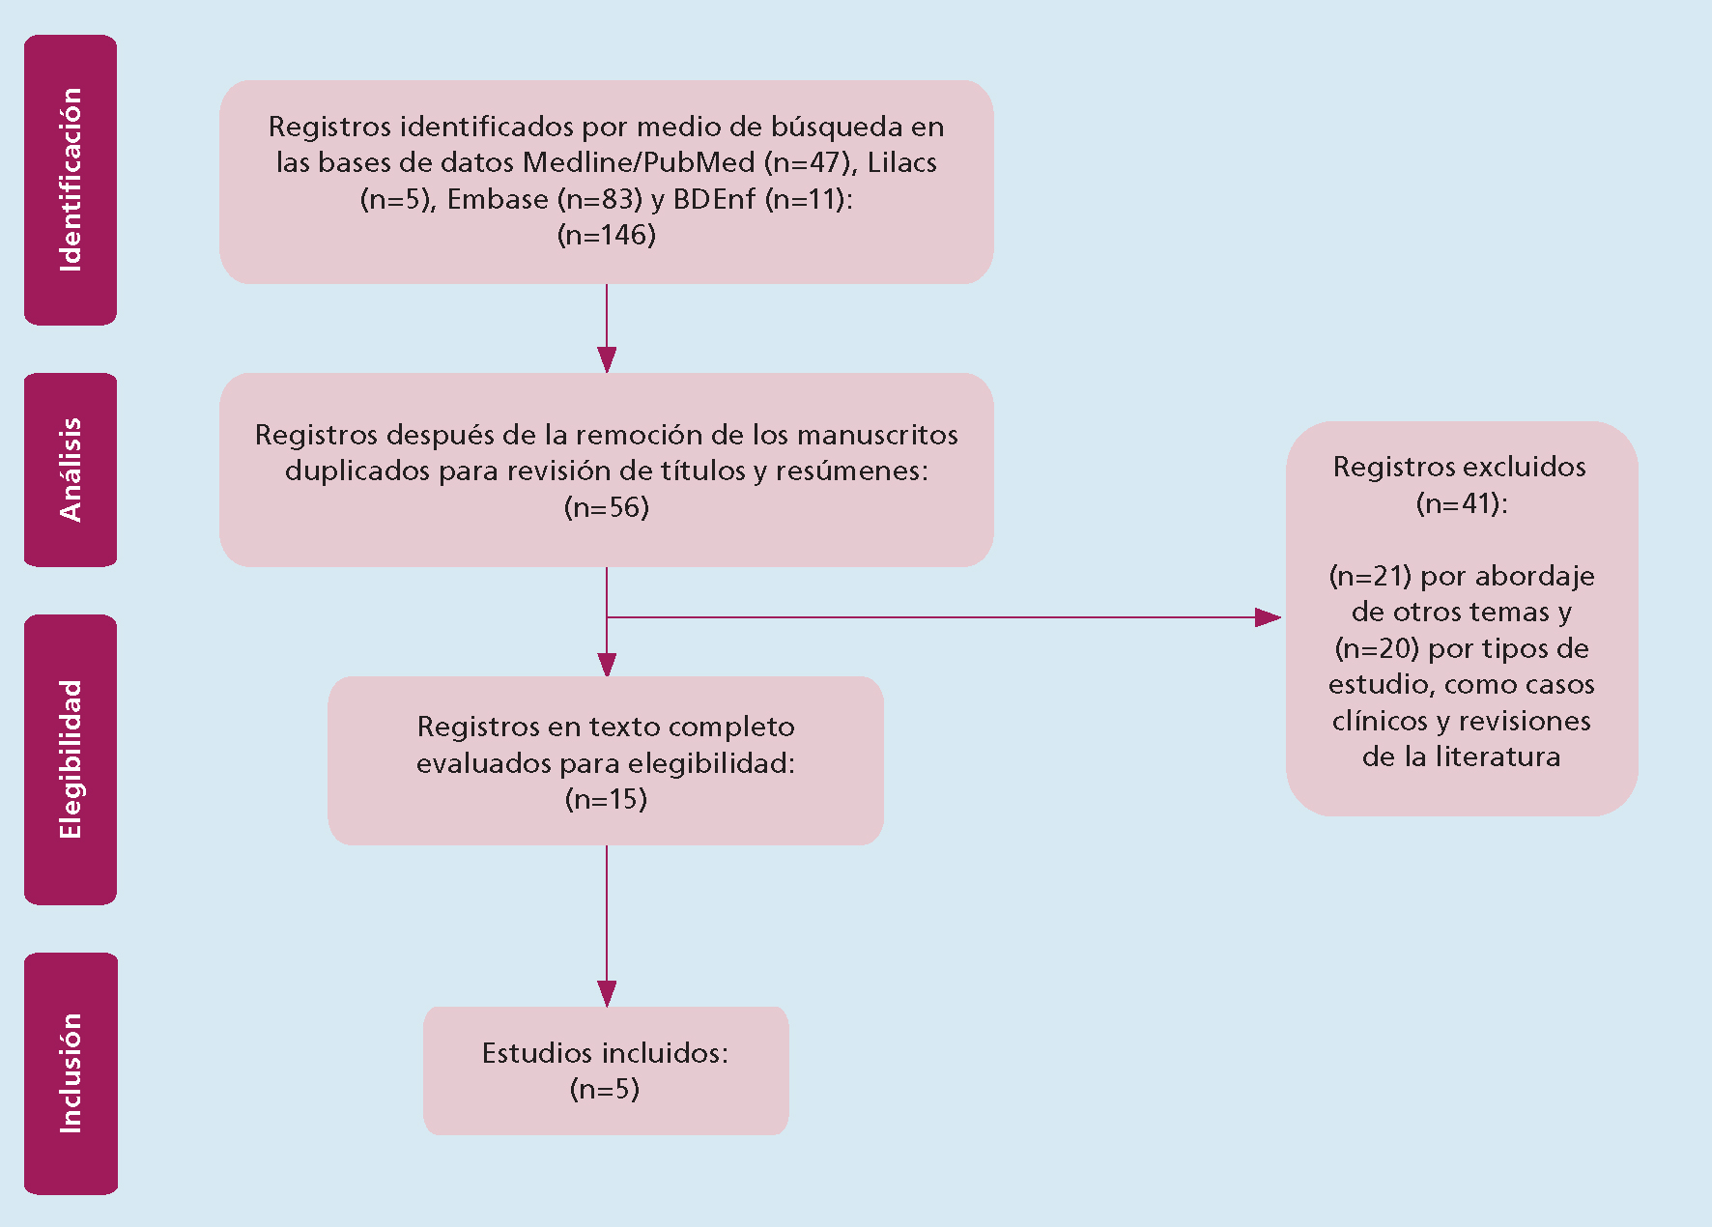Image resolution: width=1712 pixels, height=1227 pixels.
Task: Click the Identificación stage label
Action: (71, 180)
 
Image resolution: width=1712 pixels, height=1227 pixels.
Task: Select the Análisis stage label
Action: (71, 470)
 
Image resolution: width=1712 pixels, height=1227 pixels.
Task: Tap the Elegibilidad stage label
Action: (71, 759)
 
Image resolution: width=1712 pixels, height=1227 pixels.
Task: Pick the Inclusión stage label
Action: (71, 1073)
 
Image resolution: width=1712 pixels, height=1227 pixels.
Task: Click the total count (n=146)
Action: (607, 235)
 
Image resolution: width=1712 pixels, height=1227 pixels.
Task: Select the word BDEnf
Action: (714, 199)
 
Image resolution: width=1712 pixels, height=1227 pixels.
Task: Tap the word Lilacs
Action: (902, 162)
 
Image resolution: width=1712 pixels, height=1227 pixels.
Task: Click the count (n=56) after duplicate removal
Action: (607, 507)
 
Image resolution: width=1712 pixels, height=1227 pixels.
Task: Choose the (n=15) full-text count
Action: (606, 799)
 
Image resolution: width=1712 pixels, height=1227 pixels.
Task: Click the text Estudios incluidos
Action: (605, 1052)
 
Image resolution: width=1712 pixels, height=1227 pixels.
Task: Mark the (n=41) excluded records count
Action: (1462, 503)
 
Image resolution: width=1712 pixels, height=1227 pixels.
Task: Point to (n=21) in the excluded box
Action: (1371, 576)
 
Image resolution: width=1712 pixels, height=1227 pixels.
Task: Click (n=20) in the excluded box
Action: (1377, 648)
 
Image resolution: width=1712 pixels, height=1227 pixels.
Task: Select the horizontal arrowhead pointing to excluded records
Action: (1269, 617)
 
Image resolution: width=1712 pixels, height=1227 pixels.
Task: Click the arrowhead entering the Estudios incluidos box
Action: (607, 994)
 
